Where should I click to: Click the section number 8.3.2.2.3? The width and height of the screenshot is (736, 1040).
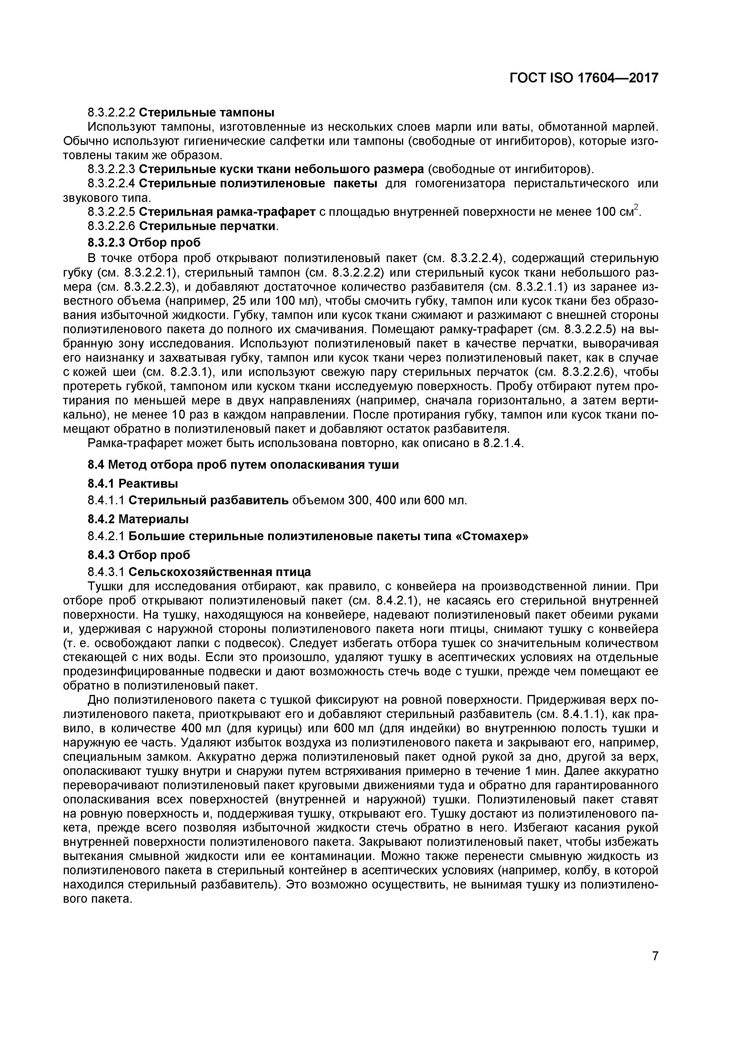coord(111,169)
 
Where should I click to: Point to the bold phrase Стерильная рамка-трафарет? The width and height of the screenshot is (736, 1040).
coord(228,212)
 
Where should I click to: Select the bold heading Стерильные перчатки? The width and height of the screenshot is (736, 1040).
coord(207,226)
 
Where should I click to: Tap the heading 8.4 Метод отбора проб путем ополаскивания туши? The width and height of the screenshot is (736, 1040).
coord(243,465)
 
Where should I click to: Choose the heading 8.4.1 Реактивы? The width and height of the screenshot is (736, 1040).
coord(132,483)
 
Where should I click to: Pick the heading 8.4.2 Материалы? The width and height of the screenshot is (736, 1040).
coord(138,518)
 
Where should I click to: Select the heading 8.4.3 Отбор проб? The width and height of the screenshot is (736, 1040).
coord(139,554)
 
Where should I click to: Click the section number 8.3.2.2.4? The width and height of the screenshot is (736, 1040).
coord(111,184)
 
